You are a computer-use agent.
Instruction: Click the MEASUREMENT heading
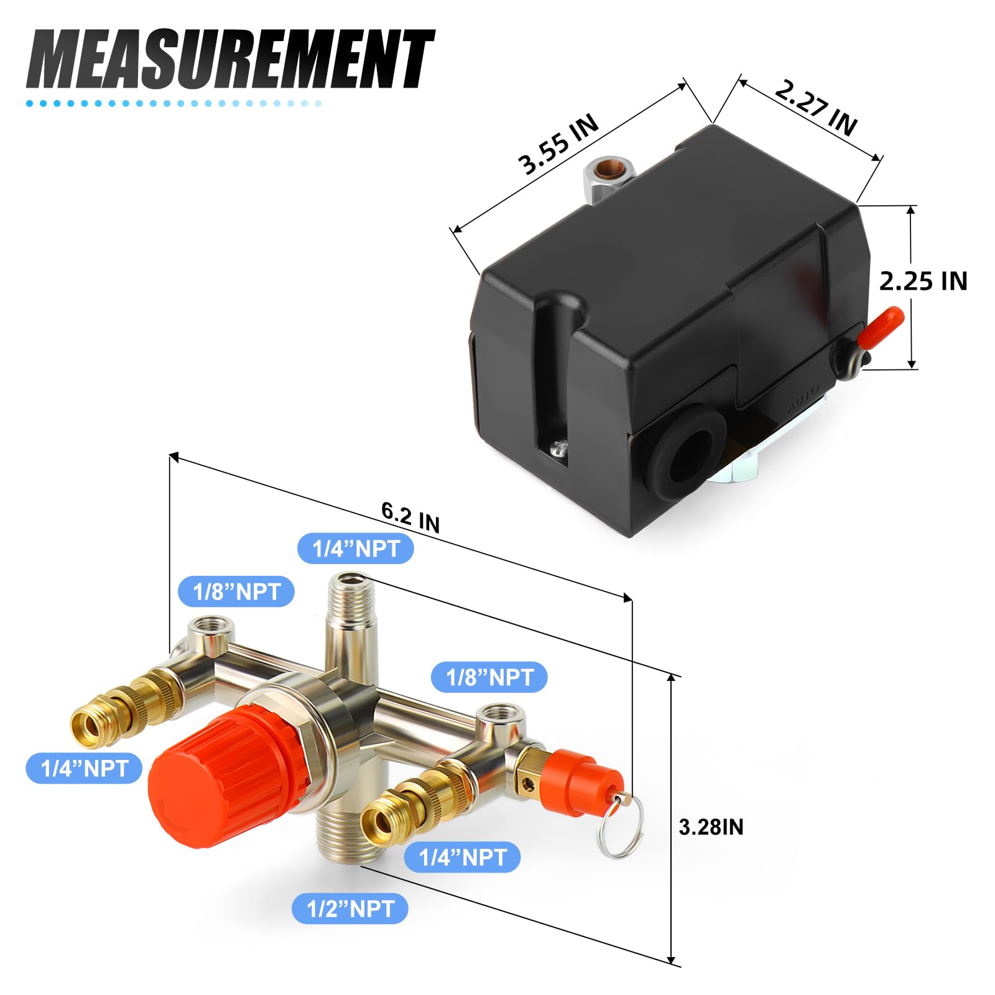[x=230, y=59]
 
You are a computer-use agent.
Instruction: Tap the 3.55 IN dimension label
[x=558, y=144]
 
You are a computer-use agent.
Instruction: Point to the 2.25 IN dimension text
[x=923, y=281]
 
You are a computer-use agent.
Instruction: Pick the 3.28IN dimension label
[x=711, y=827]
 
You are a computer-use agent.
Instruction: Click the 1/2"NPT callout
[x=350, y=909]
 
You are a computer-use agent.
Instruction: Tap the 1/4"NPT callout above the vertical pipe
[x=356, y=548]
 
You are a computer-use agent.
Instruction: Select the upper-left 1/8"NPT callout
[x=236, y=591]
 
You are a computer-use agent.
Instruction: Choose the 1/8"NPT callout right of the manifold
[x=489, y=677]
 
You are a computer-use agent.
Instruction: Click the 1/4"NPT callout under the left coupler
[x=84, y=769]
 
